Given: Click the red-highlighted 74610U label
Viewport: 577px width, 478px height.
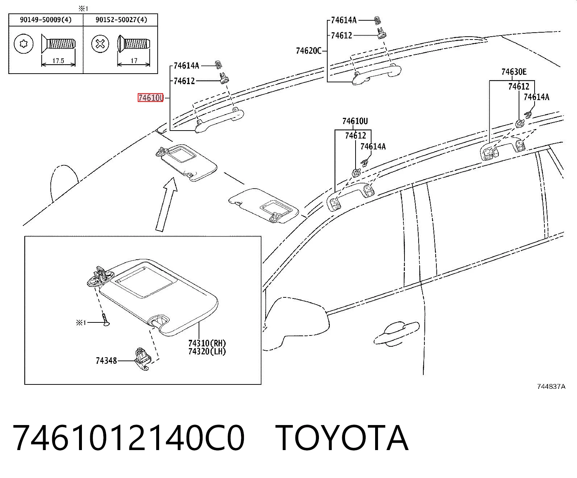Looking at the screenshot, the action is tap(151, 98).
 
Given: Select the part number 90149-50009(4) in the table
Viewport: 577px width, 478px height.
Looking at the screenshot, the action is tap(46, 20).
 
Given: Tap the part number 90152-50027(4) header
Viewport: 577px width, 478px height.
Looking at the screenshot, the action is tap(121, 20).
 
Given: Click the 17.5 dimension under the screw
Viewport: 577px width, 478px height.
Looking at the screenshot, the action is tap(58, 61).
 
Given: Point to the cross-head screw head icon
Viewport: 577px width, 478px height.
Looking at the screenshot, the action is tap(100, 44).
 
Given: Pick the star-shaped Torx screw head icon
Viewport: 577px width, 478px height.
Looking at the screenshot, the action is tap(24, 44).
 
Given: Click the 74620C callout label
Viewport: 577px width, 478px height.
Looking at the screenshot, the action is tap(309, 51).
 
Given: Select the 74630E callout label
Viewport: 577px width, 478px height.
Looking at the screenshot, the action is tap(514, 72).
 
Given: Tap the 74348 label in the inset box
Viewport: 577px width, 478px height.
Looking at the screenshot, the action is tap(107, 361).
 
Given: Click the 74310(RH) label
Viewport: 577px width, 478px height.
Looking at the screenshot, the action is tap(207, 343).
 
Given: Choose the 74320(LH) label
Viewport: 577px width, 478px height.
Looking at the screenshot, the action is tap(207, 351).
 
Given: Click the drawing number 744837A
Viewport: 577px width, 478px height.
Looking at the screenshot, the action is tap(551, 387).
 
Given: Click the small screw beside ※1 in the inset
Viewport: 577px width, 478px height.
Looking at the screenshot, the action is tap(105, 320).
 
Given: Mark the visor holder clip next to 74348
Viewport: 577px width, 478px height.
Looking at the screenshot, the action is tap(142, 359).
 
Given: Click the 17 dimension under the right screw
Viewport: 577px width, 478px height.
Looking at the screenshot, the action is tap(134, 60).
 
